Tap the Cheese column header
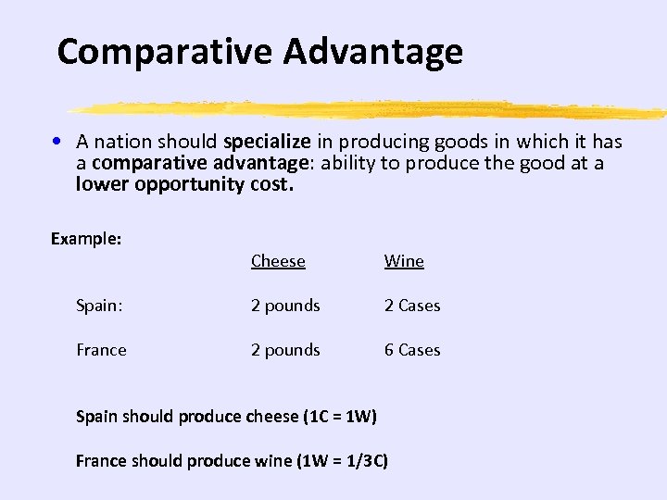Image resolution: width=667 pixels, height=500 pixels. pos(278,261)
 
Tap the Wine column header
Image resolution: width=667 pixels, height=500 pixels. pos(404,261)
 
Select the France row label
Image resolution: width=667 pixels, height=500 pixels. pos(101,350)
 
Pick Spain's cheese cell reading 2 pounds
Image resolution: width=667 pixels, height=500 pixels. pos(285,306)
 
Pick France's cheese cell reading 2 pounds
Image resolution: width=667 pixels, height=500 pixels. pos(285,350)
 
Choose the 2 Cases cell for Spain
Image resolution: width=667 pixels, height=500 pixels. pos(412,306)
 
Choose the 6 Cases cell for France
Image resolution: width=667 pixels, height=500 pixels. pos(412,350)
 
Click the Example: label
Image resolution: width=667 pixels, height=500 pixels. pos(86,239)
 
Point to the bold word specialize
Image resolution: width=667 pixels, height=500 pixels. pos(267,142)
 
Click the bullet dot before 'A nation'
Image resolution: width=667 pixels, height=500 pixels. pos(57,142)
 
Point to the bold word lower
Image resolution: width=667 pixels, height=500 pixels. pos(103,184)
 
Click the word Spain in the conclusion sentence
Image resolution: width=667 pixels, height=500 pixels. pos(96,417)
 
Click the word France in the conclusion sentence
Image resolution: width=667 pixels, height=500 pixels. pos(100,461)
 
